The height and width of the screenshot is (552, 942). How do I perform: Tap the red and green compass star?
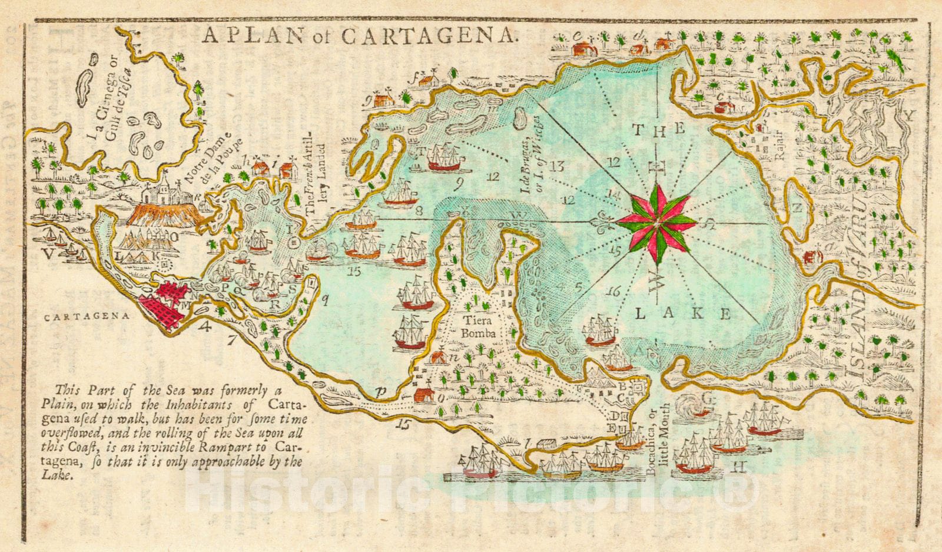point(655,223)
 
